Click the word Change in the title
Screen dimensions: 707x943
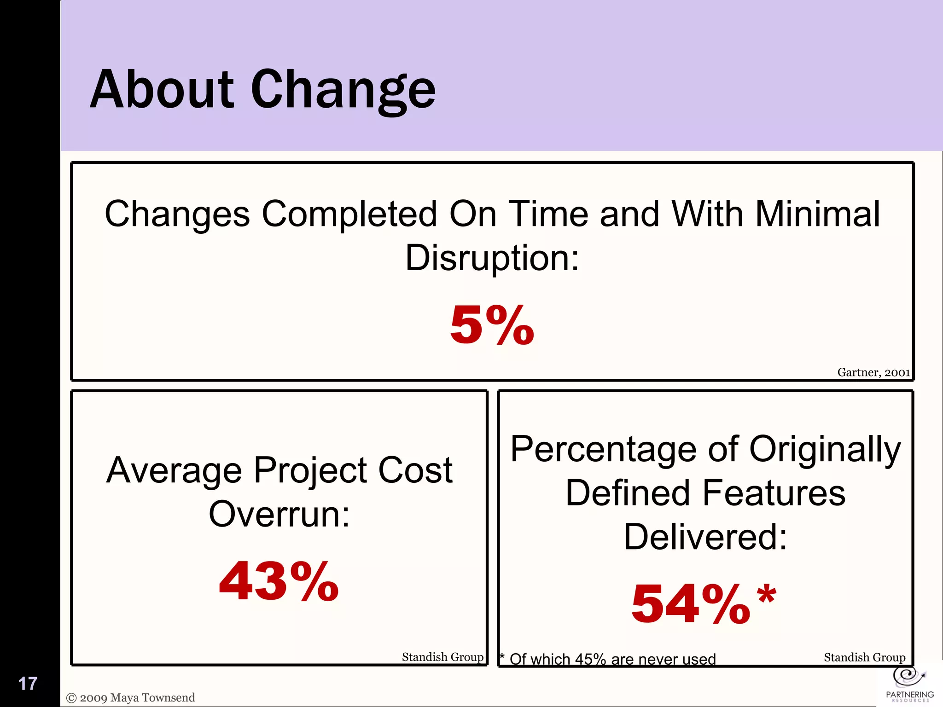343,91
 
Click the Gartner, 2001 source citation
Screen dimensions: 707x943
873,372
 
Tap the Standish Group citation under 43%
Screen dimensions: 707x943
442,657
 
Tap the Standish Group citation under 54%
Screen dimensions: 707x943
864,657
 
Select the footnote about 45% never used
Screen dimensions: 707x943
608,659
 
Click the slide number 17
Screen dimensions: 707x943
28,684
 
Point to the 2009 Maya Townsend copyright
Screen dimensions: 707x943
131,698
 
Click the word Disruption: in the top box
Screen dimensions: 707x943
492,258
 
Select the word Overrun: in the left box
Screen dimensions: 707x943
279,514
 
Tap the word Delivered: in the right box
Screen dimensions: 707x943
705,537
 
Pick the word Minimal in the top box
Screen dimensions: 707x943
817,214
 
